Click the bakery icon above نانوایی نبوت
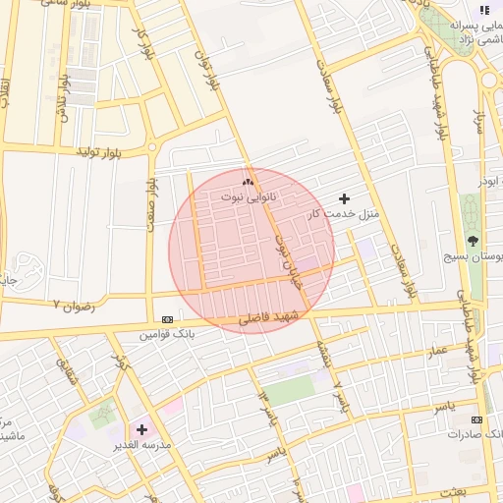[248, 181]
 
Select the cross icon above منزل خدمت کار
[343, 198]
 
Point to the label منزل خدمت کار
[343, 213]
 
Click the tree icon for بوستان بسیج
[474, 240]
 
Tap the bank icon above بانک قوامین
[167, 320]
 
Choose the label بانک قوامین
[163, 335]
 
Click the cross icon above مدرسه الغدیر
[142, 429]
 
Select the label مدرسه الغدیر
[143, 445]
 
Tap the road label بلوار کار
[143, 41]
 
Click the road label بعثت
[480, 491]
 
